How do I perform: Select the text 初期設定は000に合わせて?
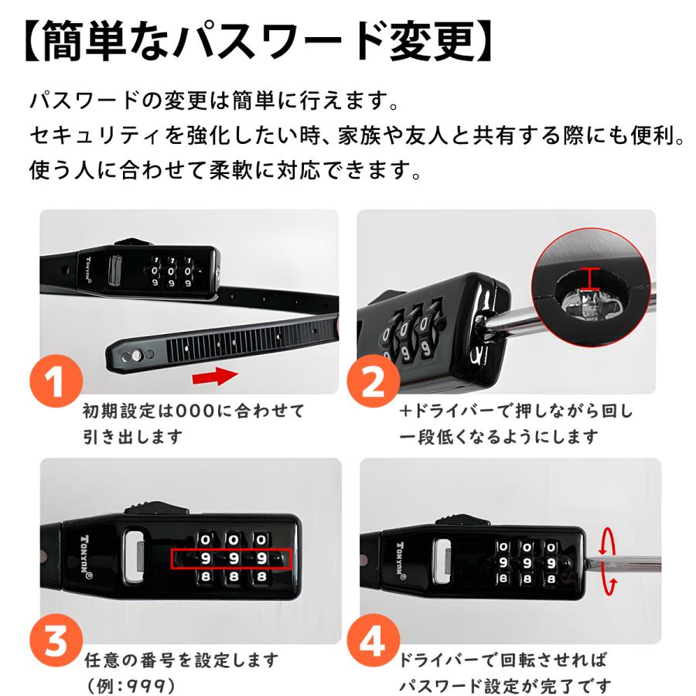tap(193, 411)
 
